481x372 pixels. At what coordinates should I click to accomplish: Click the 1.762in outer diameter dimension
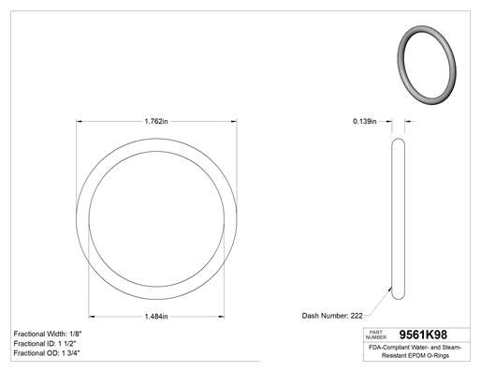156,121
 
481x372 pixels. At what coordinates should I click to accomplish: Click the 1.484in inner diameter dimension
156,317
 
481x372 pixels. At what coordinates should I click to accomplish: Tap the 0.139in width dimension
365,121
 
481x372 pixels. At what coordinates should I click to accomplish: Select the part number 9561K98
423,335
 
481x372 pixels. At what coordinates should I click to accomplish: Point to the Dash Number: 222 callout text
332,316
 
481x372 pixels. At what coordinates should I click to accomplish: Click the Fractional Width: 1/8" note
48,334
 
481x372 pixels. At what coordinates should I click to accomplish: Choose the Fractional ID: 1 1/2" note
45,344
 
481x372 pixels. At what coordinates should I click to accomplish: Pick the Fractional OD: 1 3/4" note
47,353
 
